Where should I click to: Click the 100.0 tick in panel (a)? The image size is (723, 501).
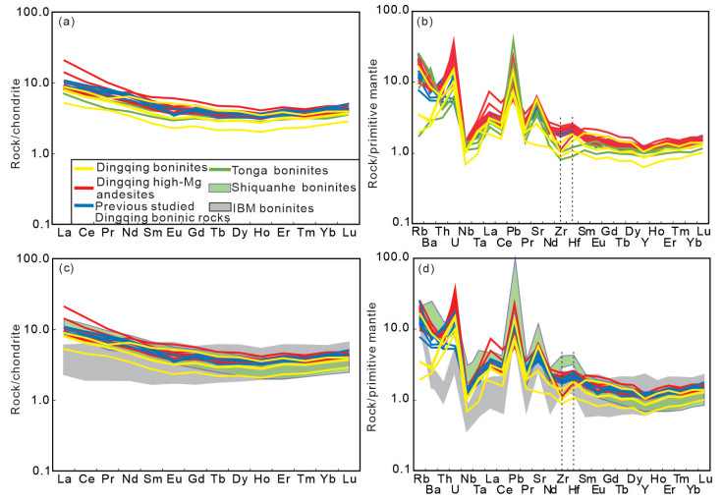pos(36,12)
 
